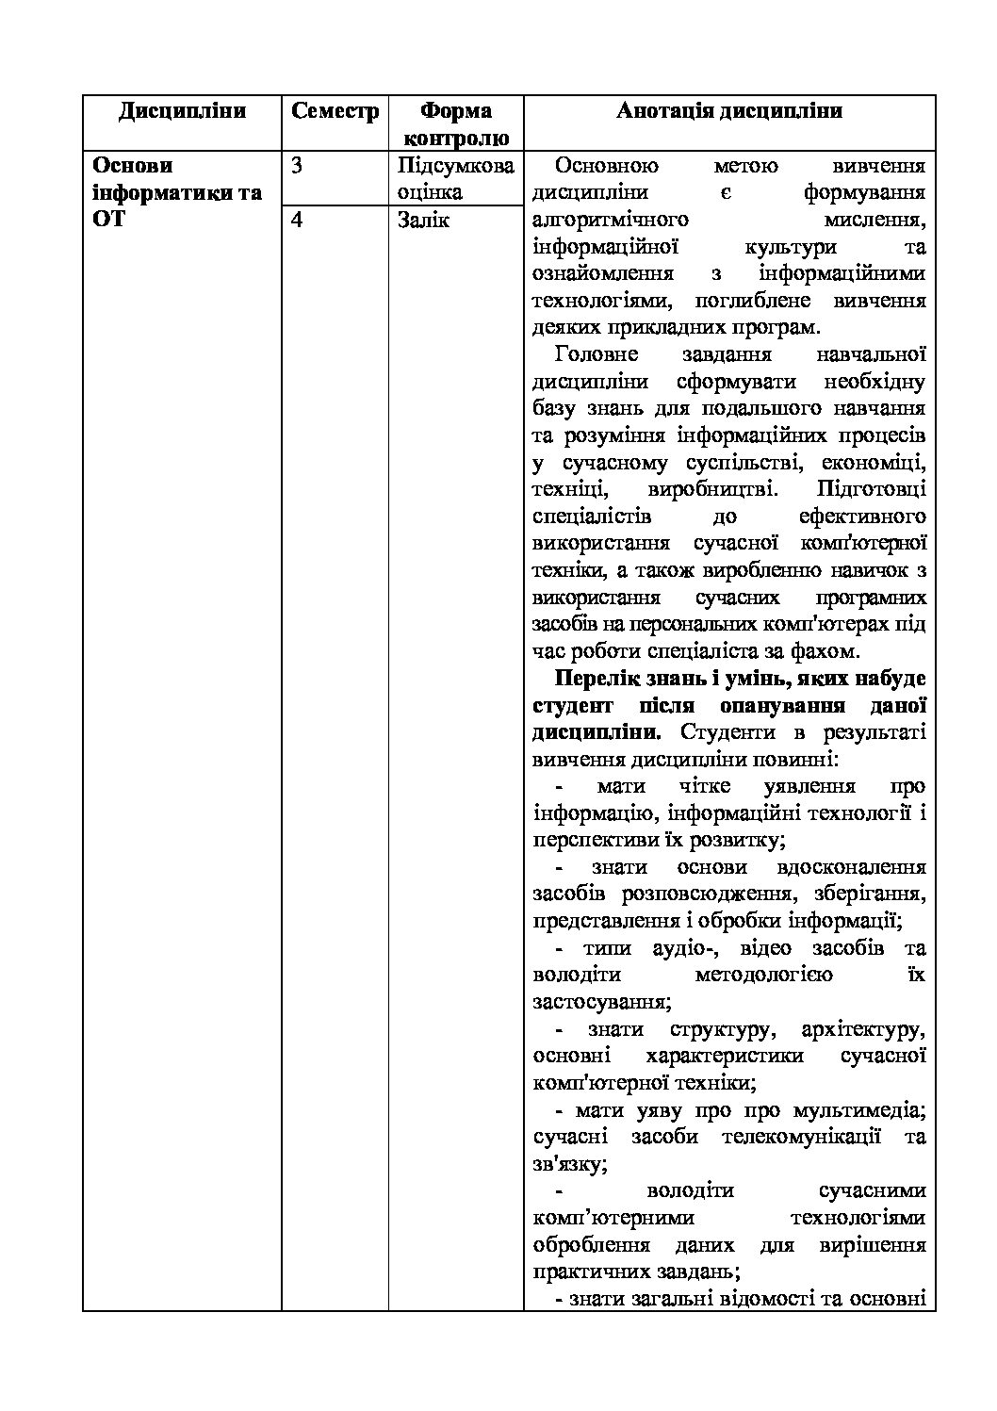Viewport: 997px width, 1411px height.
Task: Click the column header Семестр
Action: (335, 111)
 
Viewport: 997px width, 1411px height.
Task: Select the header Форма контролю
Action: (456, 123)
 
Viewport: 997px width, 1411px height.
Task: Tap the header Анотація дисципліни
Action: (728, 111)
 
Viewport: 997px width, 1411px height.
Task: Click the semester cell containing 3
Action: (298, 166)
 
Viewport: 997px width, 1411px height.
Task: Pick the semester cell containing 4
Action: (298, 221)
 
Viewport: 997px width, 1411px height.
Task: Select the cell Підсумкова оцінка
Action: (456, 179)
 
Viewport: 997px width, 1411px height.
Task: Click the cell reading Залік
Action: (424, 221)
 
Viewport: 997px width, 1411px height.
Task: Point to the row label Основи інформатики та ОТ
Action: (177, 192)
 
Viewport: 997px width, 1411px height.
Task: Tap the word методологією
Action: (763, 975)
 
